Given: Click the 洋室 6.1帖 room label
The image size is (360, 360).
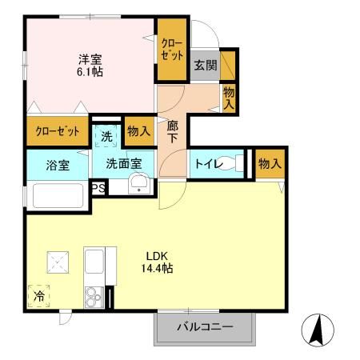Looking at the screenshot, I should [90, 65].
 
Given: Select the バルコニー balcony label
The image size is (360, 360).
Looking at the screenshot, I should [205, 327].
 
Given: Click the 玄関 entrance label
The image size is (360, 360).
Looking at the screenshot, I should [205, 65].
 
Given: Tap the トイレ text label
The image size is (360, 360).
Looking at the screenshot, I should [204, 164].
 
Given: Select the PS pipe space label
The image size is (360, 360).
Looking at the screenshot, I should [98, 189].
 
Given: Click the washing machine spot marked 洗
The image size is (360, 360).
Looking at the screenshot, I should [107, 135].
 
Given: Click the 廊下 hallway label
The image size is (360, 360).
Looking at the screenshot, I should [173, 130].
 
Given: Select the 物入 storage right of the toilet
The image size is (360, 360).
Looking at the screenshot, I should [269, 164].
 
